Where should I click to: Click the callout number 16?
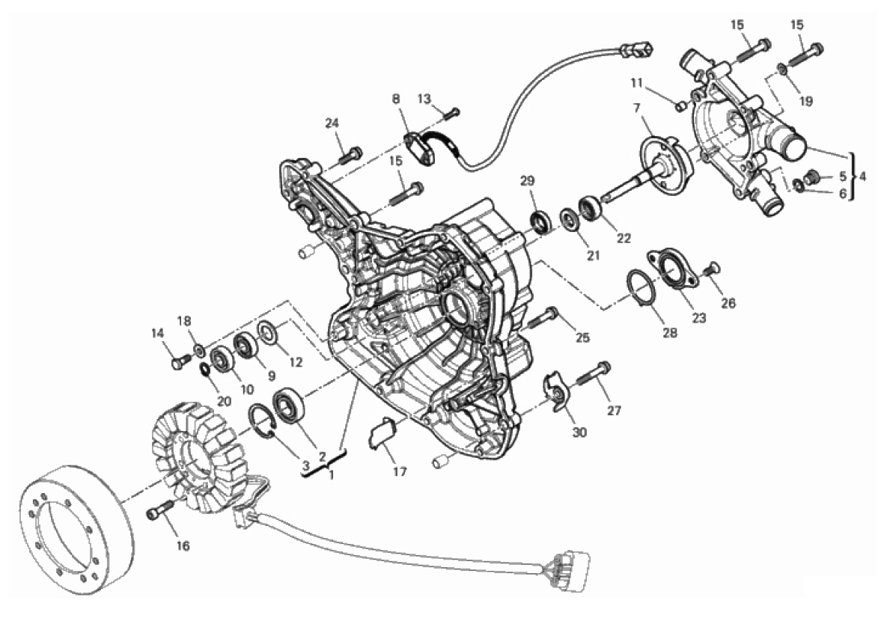pyautogui.click(x=182, y=545)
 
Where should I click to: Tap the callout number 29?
pyautogui.click(x=528, y=181)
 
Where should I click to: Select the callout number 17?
pyautogui.click(x=400, y=471)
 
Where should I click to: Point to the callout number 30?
pyautogui.click(x=579, y=432)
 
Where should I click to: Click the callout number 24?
pyautogui.click(x=332, y=123)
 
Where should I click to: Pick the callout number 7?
pyautogui.click(x=636, y=108)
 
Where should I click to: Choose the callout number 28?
pyautogui.click(x=670, y=332)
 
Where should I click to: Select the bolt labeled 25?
pyautogui.click(x=543, y=317)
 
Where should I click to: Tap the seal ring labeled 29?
pyautogui.click(x=542, y=222)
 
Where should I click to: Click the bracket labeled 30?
pyautogui.click(x=554, y=390)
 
